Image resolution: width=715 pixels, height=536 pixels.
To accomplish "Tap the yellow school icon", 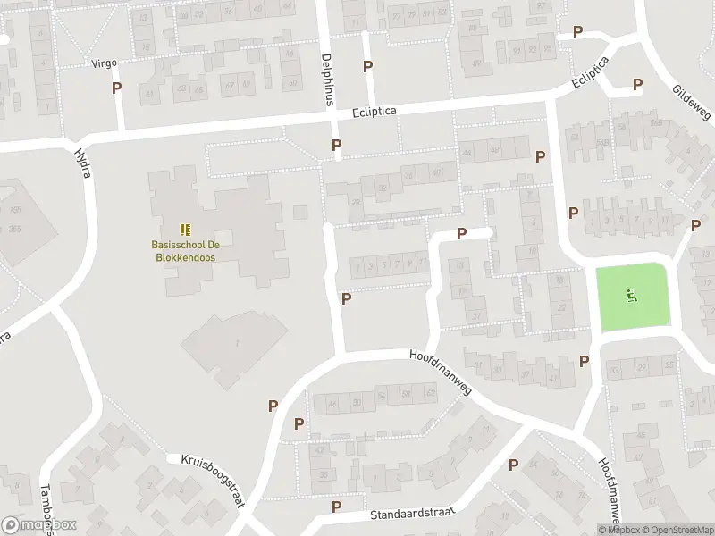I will click(185, 230).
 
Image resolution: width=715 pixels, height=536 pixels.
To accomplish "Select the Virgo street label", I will click(105, 63).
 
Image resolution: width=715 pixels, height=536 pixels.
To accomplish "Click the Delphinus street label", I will click(327, 80).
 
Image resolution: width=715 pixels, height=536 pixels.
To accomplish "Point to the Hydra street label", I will click(80, 163).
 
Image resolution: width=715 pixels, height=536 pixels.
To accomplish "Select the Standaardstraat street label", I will click(411, 515).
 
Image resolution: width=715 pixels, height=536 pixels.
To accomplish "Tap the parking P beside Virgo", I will click(116, 88).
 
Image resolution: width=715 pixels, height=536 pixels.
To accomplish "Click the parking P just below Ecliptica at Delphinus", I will click(336, 144).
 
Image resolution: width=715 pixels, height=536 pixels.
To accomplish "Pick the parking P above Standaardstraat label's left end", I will click(336, 506).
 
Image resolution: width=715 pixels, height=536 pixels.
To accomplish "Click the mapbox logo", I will click(38, 525).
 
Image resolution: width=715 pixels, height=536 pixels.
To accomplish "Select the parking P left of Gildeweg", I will click(637, 85).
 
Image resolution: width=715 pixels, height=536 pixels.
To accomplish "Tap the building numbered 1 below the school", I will click(236, 343).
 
